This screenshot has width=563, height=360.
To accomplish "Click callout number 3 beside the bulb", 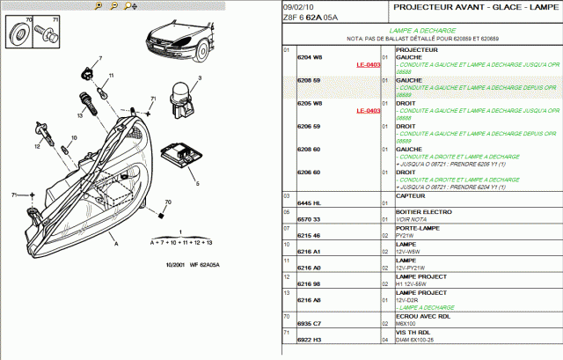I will point(200,78).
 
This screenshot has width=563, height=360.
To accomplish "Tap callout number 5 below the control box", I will point(198,184).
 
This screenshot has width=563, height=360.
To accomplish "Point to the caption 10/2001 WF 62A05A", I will point(192,265).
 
